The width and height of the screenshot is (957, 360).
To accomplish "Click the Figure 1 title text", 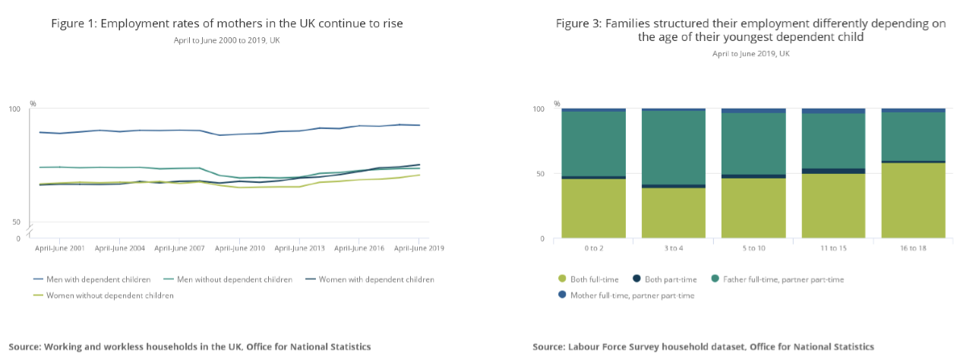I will [227, 24].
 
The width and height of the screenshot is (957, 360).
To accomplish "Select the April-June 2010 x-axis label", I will [239, 248].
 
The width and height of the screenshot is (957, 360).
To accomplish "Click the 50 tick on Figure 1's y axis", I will [14, 222].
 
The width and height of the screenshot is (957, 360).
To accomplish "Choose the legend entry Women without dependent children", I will [104, 295].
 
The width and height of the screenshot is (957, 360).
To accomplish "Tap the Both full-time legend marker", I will [563, 279].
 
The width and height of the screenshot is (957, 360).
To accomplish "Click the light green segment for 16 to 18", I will [913, 201].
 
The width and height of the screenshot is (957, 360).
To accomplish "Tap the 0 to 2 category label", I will [594, 248].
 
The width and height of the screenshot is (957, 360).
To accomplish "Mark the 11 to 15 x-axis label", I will [833, 248].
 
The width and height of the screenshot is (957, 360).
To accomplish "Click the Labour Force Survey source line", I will [703, 346].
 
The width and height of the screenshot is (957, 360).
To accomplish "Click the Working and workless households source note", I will [190, 346].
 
